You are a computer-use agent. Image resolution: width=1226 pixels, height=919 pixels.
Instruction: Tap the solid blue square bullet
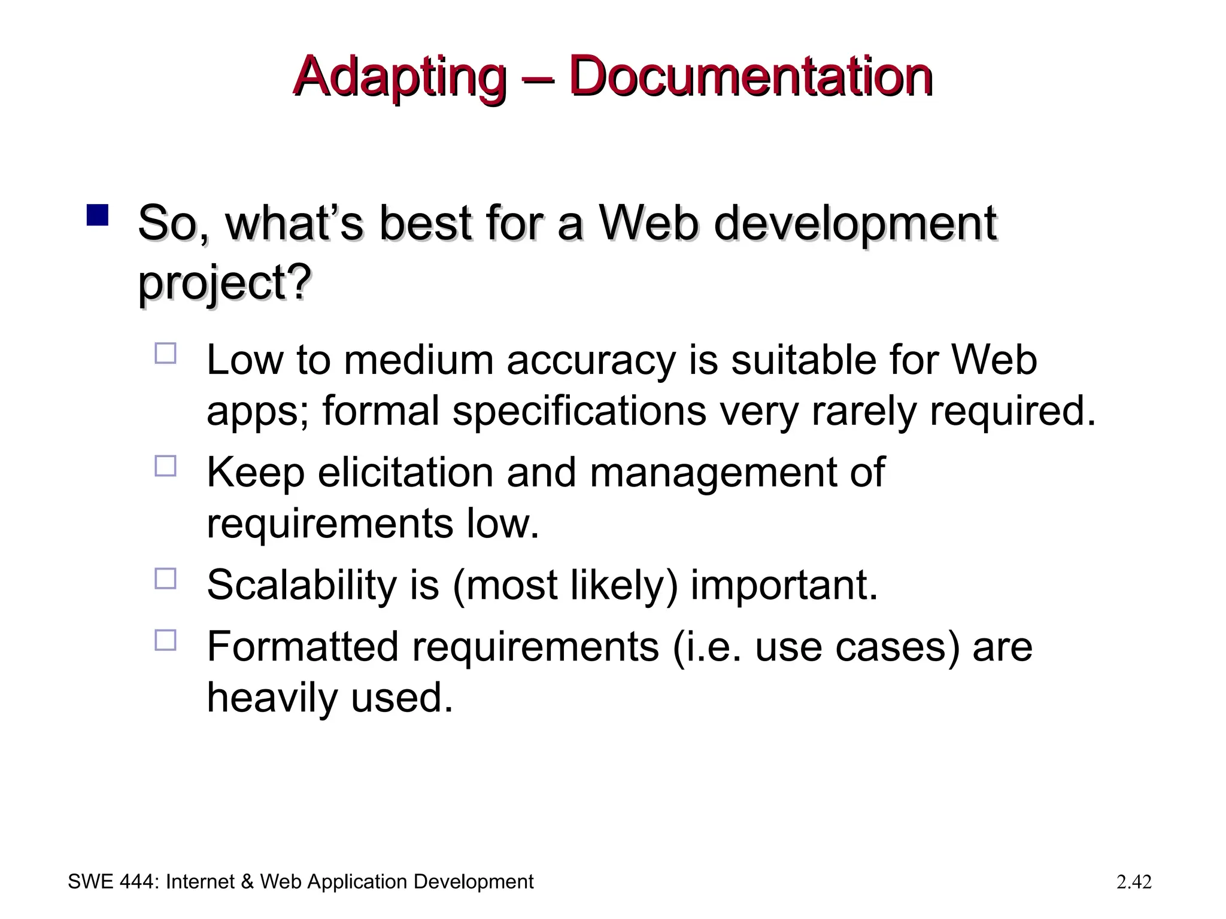pos(97,215)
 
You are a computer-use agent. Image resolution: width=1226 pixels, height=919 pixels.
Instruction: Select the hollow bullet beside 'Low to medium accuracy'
pos(165,353)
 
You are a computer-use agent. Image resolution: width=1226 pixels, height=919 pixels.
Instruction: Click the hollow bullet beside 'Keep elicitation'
pos(165,465)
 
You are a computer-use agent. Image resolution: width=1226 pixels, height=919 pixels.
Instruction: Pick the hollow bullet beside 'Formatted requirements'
pos(165,640)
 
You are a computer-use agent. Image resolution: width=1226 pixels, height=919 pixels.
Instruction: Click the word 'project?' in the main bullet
pos(224,282)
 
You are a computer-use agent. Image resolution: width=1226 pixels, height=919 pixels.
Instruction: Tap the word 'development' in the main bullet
pos(855,223)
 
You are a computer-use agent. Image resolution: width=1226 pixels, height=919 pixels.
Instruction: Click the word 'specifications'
pos(579,412)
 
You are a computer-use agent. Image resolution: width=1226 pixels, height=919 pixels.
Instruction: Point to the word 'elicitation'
pos(406,473)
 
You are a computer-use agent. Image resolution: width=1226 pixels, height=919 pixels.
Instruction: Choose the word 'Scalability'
pos(302,585)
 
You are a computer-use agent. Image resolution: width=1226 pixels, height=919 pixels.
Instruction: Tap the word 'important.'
pos(784,585)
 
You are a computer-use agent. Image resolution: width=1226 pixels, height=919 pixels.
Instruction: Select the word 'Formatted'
pos(302,647)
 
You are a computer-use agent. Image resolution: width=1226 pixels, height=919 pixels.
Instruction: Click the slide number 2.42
pos(1134,882)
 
